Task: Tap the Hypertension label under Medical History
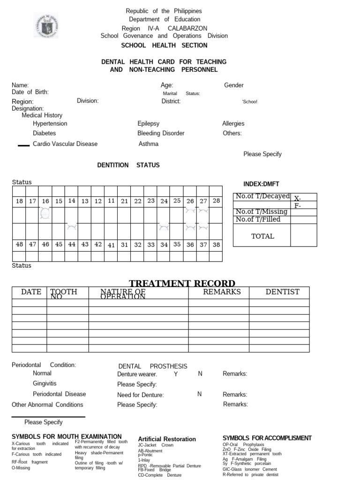point(50,124)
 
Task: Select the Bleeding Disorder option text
point(161,134)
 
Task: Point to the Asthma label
point(149,144)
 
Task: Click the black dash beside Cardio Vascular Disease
point(23,146)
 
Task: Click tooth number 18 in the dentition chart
point(19,201)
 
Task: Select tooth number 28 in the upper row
point(216,201)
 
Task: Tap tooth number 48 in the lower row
point(19,244)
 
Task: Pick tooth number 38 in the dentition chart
point(216,244)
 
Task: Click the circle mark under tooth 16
point(45,214)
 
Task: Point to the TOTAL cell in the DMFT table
point(262,236)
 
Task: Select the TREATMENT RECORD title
point(182,283)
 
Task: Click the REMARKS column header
point(222,292)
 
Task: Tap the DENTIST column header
point(282,292)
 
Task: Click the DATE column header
point(31,292)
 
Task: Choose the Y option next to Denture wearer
point(176,374)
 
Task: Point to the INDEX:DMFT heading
point(261,184)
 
